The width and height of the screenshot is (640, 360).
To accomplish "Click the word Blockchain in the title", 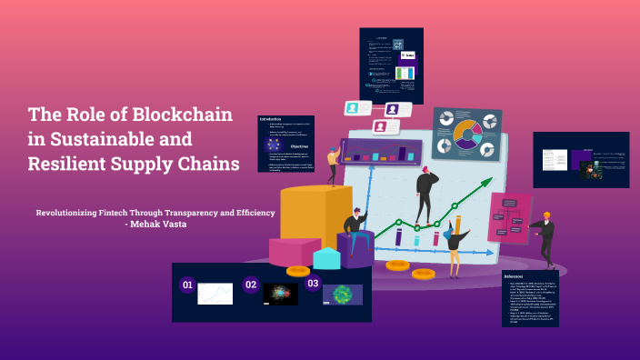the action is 185,115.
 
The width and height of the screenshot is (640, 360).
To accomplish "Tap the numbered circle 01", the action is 187,285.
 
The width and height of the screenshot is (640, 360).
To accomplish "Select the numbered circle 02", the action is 251,285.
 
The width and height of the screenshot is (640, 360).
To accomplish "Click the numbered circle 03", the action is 313,284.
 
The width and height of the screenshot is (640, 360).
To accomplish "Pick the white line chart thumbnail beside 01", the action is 215,294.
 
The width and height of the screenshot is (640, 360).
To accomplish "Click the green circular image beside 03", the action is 344,295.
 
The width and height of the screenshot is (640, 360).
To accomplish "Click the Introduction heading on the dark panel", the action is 271,119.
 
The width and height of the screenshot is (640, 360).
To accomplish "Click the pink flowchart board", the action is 510,216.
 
